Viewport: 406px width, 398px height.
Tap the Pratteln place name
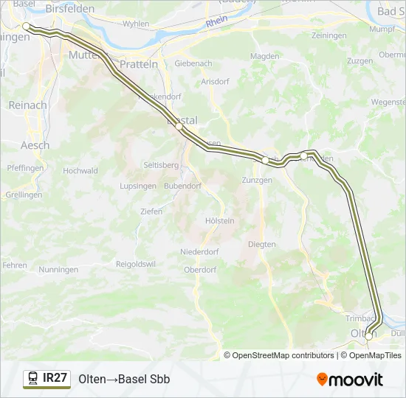click(x=137, y=64)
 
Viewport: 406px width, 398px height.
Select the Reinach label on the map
click(x=27, y=105)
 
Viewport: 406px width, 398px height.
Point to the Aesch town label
click(x=35, y=145)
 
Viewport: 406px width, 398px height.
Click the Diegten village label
click(x=262, y=244)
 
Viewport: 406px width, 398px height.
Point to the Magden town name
click(x=264, y=56)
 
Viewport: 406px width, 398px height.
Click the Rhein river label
click(x=217, y=23)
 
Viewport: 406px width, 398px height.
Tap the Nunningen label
click(x=59, y=270)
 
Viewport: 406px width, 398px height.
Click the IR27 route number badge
click(x=55, y=378)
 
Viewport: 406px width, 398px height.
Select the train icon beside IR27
click(x=32, y=379)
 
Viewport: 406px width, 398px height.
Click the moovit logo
click(x=350, y=380)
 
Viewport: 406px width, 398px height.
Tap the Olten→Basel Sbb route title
click(x=124, y=379)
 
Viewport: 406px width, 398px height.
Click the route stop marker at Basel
click(x=26, y=26)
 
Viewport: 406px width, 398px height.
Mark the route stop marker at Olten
click(x=368, y=335)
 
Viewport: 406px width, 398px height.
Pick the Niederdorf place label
click(x=199, y=252)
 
